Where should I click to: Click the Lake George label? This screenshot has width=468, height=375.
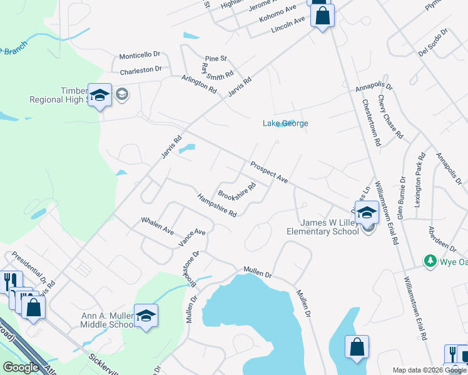click(x=285, y=123)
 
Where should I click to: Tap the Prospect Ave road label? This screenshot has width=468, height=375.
click(x=268, y=172)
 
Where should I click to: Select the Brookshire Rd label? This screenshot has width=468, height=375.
click(x=238, y=189)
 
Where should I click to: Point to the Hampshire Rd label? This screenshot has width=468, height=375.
click(x=216, y=206)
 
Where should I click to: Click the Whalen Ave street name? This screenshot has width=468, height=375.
click(x=157, y=226)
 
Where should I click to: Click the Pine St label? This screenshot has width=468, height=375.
click(x=214, y=59)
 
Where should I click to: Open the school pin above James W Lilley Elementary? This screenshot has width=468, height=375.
click(x=367, y=211)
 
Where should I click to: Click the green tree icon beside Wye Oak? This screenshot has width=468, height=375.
click(x=430, y=261)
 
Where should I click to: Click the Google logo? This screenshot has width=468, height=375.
click(x=21, y=367)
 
